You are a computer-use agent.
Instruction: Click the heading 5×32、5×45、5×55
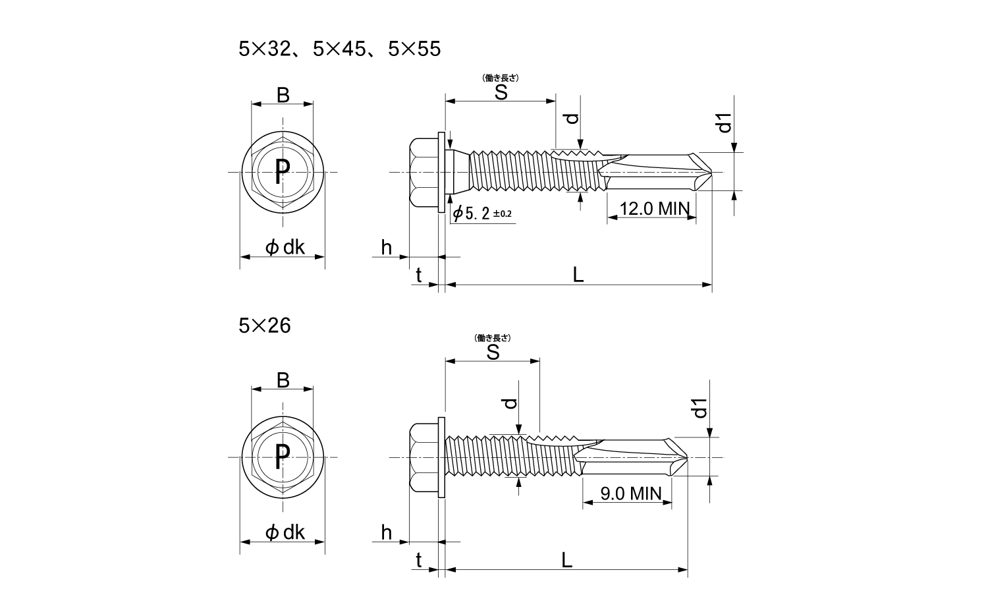click(x=339, y=49)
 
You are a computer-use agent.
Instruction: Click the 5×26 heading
click(x=264, y=325)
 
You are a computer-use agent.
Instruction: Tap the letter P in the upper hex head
click(x=282, y=172)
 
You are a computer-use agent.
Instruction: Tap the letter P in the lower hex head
click(x=282, y=456)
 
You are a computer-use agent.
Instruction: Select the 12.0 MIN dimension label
click(x=654, y=209)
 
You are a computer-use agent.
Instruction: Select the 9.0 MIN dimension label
click(x=630, y=494)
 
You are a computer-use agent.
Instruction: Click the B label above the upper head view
click(x=283, y=96)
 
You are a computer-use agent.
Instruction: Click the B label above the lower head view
click(x=283, y=380)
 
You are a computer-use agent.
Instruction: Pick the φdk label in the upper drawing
click(x=285, y=247)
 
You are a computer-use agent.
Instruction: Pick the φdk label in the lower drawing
click(x=285, y=532)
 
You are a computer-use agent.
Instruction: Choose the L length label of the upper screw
click(x=578, y=275)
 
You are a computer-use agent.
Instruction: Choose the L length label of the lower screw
click(x=566, y=560)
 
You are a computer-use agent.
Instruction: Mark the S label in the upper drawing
click(x=501, y=92)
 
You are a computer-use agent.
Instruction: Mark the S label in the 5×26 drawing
click(x=492, y=353)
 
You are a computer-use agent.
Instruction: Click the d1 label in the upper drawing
click(x=725, y=123)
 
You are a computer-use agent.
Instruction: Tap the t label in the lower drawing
click(x=418, y=560)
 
